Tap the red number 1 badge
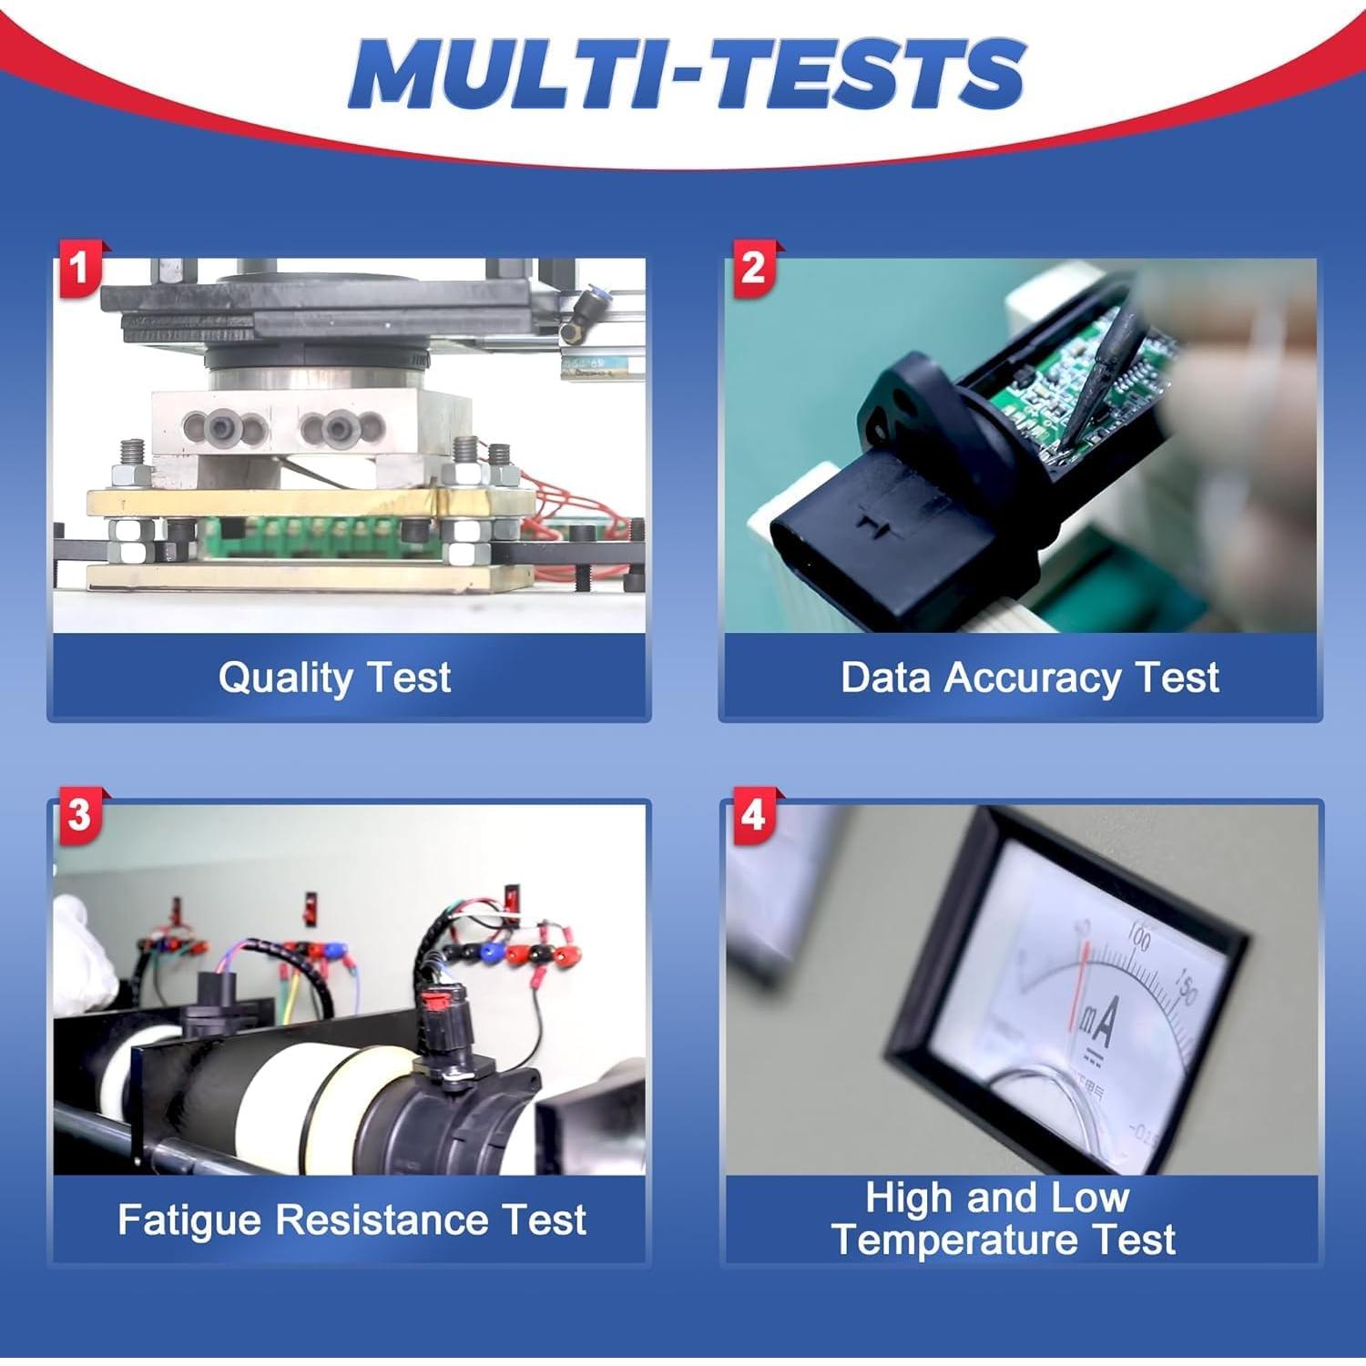click(x=79, y=268)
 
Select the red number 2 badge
click(x=752, y=268)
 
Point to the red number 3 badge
click(x=79, y=814)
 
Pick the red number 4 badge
click(x=752, y=814)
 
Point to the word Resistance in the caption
click(x=382, y=1220)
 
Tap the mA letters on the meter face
click(x=1098, y=1024)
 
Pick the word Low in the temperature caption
click(x=1089, y=1198)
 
